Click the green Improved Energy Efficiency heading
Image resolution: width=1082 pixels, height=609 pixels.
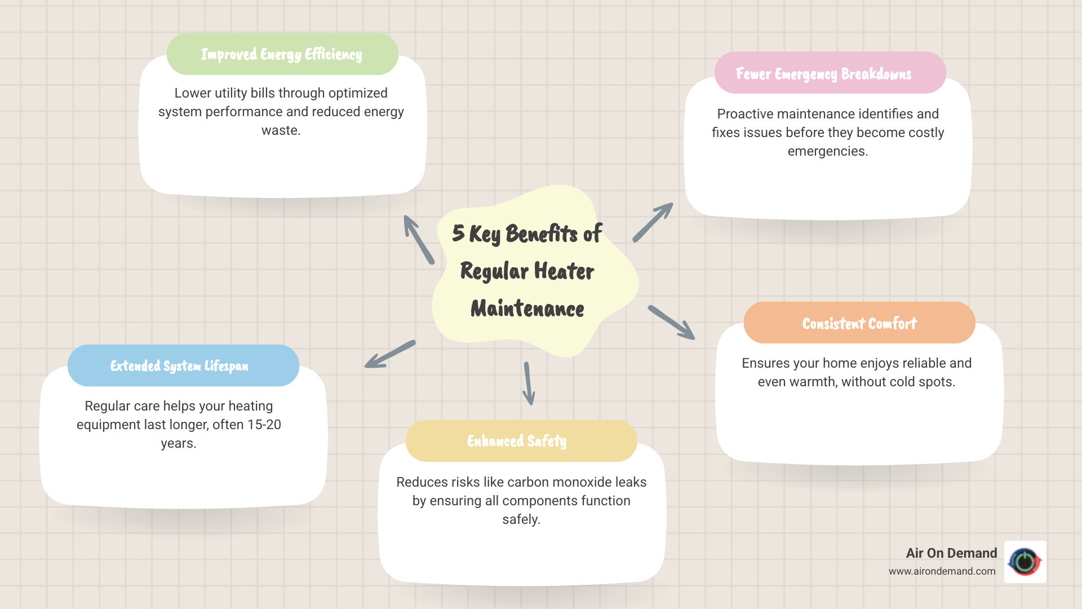click(x=282, y=54)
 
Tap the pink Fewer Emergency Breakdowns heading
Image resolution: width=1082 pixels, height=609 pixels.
click(x=823, y=74)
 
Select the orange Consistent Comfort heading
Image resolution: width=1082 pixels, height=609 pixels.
click(x=859, y=323)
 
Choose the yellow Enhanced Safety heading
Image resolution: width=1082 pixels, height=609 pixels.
click(x=517, y=441)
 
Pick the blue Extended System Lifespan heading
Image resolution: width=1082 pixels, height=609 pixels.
click(x=179, y=366)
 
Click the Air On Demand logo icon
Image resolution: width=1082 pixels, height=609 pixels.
click(x=1025, y=562)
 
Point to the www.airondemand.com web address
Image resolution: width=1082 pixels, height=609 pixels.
click(x=942, y=571)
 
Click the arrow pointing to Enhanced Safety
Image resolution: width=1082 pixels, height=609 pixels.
click(x=528, y=383)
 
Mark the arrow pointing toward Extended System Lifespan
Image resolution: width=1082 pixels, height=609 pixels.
click(x=390, y=354)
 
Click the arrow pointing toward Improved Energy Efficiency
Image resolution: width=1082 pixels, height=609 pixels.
click(x=419, y=240)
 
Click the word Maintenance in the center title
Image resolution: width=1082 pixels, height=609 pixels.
click(x=527, y=309)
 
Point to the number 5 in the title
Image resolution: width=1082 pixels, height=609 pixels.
click(x=458, y=233)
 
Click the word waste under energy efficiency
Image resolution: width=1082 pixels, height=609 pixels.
click(x=281, y=130)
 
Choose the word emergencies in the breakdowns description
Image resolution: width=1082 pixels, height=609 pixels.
click(x=827, y=151)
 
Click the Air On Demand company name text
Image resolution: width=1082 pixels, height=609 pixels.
click(x=951, y=553)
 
